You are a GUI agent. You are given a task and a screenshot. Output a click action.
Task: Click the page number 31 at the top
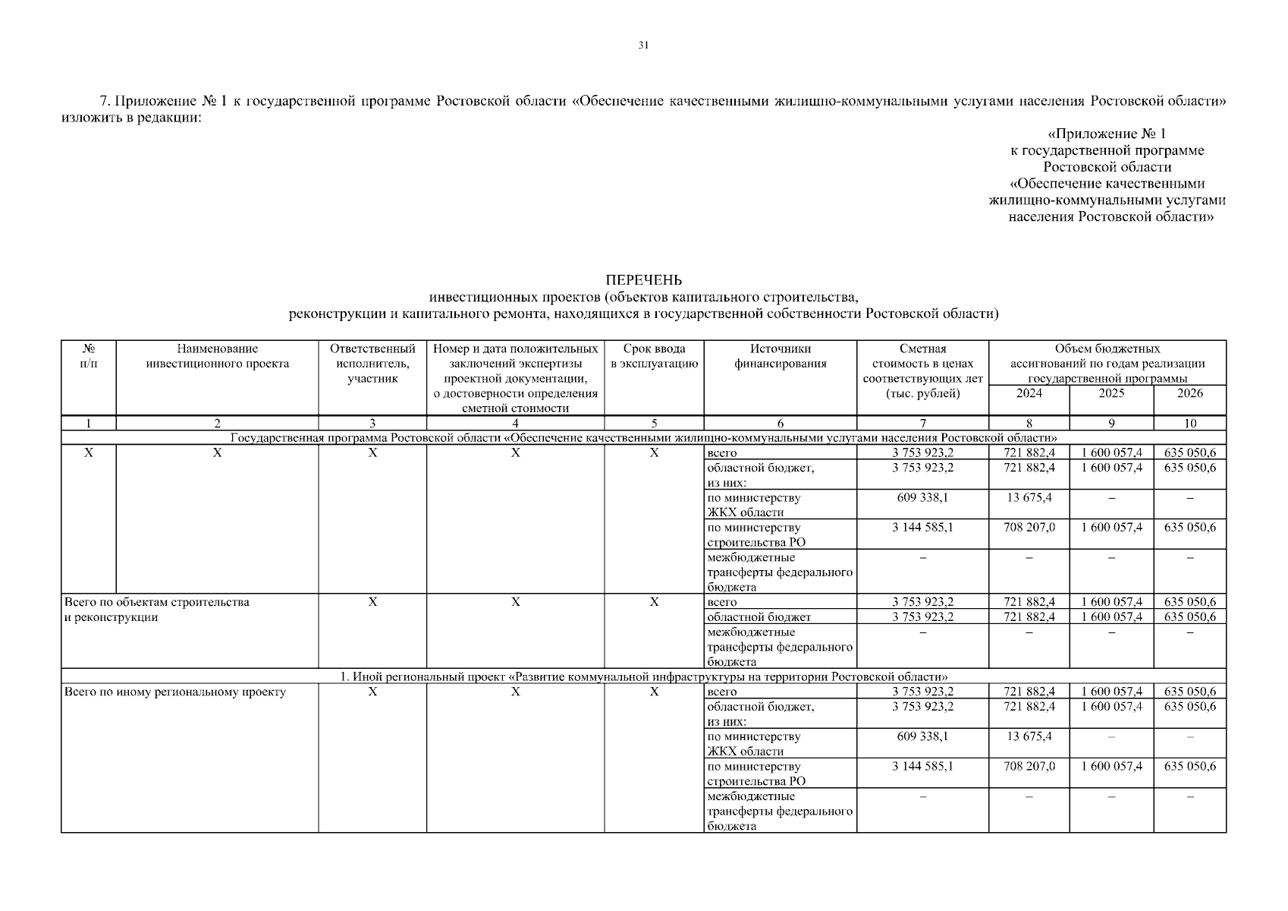[x=643, y=46]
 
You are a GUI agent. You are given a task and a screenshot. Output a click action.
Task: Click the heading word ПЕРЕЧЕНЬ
[x=643, y=281]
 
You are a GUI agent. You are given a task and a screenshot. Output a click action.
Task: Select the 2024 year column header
[x=1029, y=393]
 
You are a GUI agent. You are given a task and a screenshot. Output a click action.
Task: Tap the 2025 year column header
[x=1111, y=393]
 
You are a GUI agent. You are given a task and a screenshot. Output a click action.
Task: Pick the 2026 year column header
[x=1189, y=393]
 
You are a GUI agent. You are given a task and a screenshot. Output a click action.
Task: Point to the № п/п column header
[x=89, y=356]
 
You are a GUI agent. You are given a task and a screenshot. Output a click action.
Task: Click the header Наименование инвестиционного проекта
[x=217, y=356]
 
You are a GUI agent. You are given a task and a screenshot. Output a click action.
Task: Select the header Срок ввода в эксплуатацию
[x=654, y=356]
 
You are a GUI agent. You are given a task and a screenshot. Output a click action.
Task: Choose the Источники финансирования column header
[x=780, y=356]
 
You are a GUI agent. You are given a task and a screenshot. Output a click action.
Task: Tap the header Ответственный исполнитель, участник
[x=372, y=364]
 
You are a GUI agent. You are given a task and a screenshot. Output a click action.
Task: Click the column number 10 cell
[x=1189, y=424]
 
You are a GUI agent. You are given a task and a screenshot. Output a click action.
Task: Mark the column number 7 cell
[x=922, y=424]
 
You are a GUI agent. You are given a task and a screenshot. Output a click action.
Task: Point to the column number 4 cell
[x=515, y=424]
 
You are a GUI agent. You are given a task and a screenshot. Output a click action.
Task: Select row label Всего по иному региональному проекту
[x=175, y=692]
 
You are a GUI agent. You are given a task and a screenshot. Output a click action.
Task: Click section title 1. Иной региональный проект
[x=643, y=676]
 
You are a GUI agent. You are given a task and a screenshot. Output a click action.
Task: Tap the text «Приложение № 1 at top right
[x=1107, y=134]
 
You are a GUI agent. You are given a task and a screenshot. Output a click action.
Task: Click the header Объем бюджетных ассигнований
[x=1107, y=364]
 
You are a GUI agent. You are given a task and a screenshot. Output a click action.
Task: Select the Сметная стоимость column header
[x=922, y=371]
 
